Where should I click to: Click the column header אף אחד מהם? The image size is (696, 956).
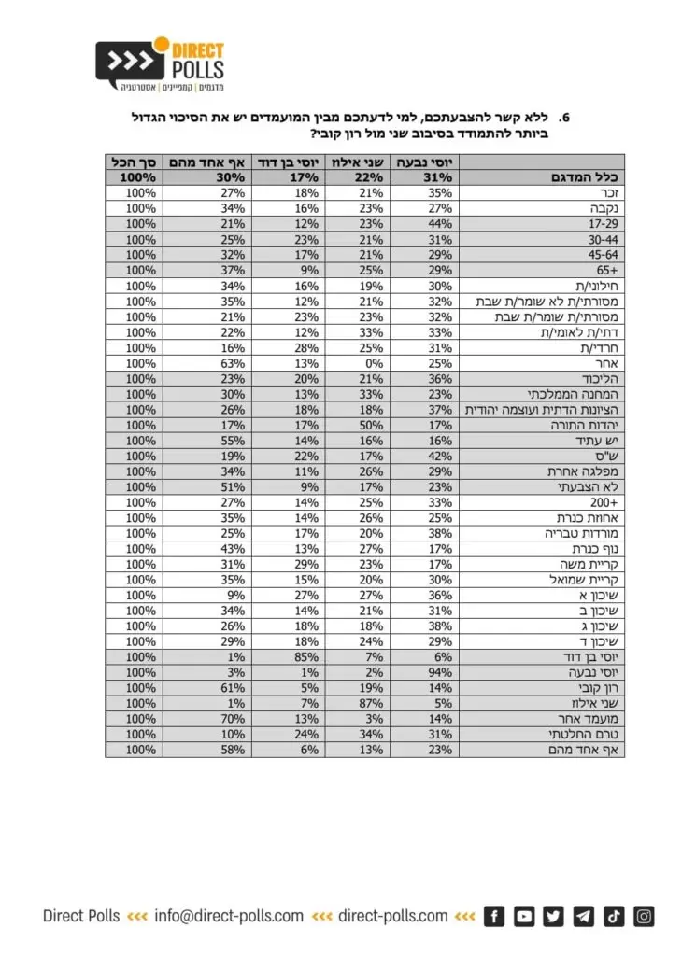coord(205,162)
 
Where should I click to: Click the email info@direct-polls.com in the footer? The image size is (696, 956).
coord(229,916)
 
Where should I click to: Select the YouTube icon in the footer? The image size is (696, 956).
coord(525,916)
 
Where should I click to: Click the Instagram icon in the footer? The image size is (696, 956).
coord(645,916)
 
